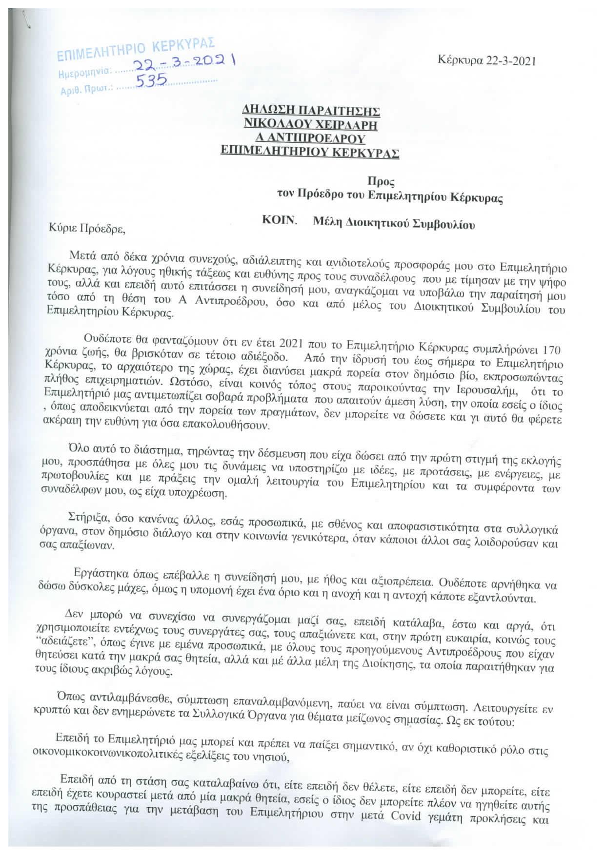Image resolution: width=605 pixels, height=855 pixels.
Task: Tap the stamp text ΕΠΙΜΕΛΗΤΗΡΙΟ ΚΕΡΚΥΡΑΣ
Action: pos(136,50)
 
